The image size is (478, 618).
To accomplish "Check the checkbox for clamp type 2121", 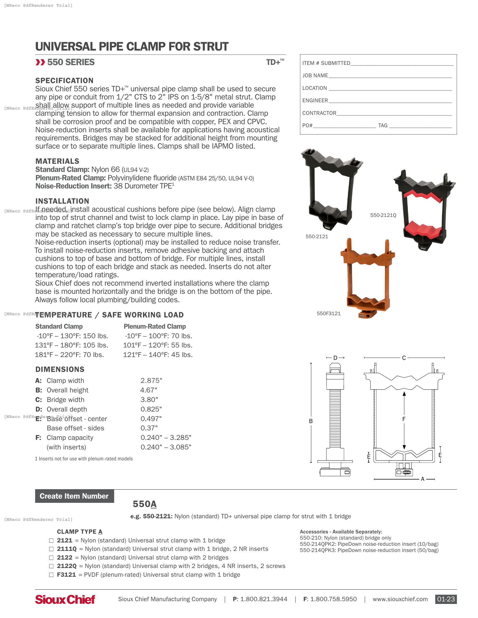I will (x=51, y=540).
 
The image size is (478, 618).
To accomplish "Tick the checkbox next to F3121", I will (x=51, y=575).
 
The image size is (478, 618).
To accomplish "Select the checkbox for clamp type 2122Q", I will (x=51, y=566).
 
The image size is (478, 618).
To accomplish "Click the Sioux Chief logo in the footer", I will (x=65, y=599).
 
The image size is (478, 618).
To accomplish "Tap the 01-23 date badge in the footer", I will (x=446, y=599).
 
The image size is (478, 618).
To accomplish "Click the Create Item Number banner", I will (x=74, y=496).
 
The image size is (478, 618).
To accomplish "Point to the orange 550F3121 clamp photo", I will (x=367, y=279).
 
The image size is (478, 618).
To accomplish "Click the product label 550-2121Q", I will (x=383, y=215).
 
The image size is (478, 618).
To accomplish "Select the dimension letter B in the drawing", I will (x=311, y=421).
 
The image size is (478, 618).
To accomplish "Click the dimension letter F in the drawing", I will (x=404, y=419).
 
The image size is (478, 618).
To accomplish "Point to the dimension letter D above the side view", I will (x=335, y=358).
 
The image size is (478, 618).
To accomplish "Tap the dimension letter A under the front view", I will (x=423, y=479).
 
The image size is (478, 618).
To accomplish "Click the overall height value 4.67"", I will (x=149, y=390).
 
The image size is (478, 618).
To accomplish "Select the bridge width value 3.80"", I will (x=149, y=400).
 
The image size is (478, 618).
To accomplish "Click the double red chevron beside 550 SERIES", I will (x=40, y=62).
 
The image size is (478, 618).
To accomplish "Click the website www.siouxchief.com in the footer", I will (x=400, y=599).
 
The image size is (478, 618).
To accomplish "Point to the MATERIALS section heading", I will (x=57, y=161).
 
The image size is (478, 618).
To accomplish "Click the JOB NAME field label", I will (x=315, y=76).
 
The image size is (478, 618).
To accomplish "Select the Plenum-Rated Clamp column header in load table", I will (x=155, y=326).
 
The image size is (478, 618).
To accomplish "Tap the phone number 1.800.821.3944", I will (x=263, y=599).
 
